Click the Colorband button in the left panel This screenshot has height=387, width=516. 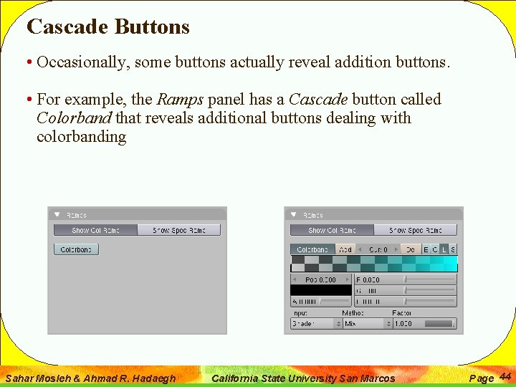[76, 249]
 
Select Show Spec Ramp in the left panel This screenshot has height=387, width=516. [178, 231]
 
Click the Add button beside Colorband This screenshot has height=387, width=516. [345, 249]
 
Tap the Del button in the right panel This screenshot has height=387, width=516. [410, 249]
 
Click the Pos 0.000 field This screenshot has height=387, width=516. [321, 279]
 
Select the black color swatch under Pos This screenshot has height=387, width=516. [321, 290]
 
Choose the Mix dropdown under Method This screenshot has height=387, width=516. [368, 324]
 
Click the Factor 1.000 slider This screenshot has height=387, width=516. [424, 324]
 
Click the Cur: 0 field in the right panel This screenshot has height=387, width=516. [378, 249]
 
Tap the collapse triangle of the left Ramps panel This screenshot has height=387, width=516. [57, 214]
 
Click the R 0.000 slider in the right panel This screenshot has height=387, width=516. [406, 279]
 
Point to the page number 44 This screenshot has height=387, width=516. [505, 376]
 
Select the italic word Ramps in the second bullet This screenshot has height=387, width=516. [180, 100]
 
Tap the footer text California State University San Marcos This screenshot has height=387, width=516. [304, 378]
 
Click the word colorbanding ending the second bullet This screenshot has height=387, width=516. [81, 137]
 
